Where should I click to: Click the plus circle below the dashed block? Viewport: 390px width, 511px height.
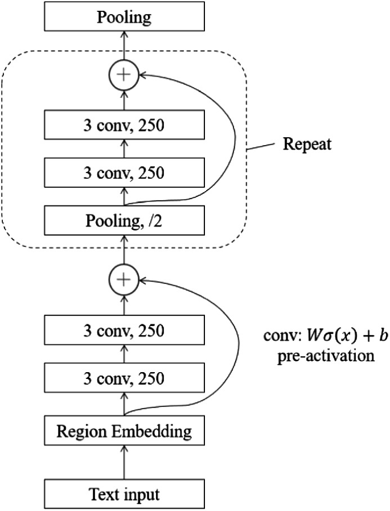tap(124, 279)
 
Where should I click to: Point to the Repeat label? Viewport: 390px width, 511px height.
tap(307, 143)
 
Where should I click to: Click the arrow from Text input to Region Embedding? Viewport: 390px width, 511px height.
tap(124, 461)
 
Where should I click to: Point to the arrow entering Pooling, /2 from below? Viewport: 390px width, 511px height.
tap(124, 249)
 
